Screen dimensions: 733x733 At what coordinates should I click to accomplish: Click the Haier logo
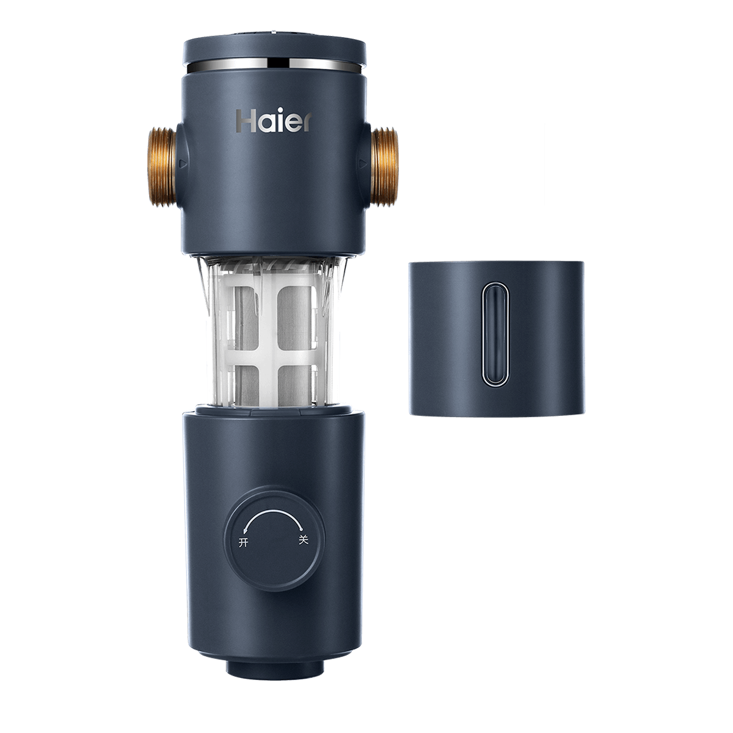pos(274,122)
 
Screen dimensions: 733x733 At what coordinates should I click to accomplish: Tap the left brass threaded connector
pos(162,167)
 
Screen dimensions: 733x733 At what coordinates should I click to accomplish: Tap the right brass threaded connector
pos(384,167)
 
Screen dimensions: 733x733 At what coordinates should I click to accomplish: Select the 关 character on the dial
pos(303,540)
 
